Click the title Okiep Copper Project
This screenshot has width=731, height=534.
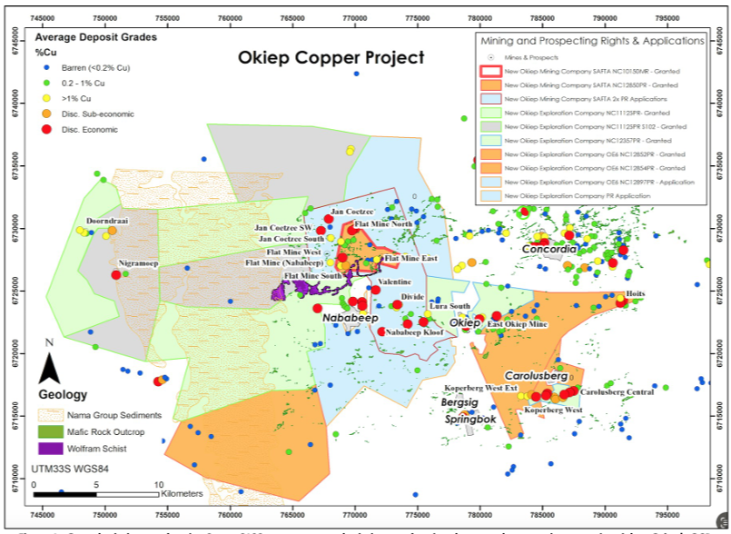(331, 57)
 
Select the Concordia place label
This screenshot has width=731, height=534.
(548, 248)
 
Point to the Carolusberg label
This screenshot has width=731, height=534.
(536, 375)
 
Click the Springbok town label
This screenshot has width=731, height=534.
(470, 420)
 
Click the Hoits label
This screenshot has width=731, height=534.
(635, 294)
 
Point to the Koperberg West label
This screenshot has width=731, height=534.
(554, 410)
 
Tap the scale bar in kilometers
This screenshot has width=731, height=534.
(95, 493)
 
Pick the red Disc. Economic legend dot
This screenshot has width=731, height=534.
(45, 130)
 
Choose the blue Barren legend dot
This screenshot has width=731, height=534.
(45, 67)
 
